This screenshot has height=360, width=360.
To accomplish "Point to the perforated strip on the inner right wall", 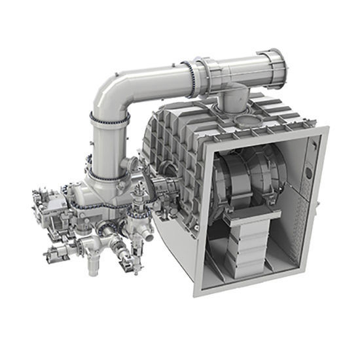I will point(302,216).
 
